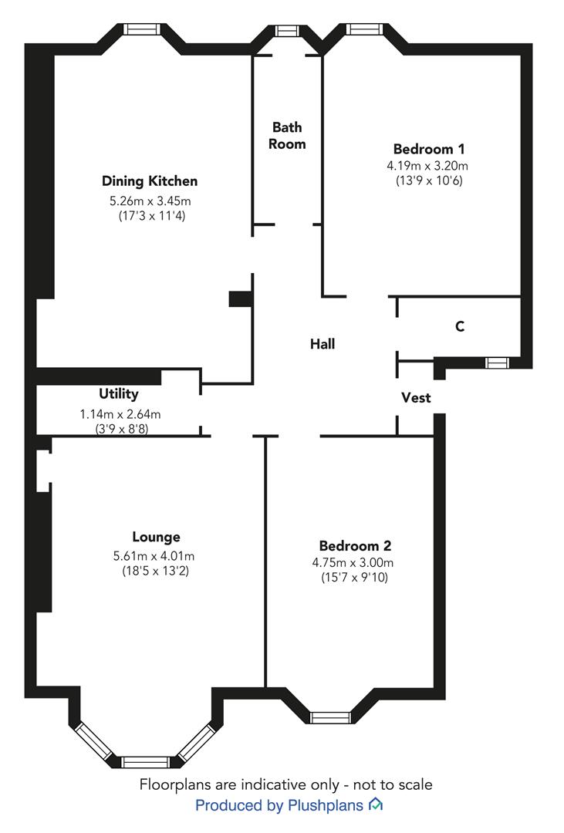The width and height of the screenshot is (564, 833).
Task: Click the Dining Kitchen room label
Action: coord(150,181)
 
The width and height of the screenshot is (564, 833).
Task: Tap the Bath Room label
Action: coord(287,136)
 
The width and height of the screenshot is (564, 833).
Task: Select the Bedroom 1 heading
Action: coord(429,149)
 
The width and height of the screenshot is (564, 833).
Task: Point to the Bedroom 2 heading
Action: coord(355,545)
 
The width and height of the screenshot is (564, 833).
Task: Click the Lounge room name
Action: coord(157,537)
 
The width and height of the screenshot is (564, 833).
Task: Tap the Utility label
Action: coord(119,393)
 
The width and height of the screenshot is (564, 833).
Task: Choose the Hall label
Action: coord(323,344)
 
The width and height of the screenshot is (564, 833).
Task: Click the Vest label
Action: coord(416,397)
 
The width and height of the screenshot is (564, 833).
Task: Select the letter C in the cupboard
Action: coord(460,325)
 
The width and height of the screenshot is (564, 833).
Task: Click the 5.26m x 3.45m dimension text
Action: coord(150,201)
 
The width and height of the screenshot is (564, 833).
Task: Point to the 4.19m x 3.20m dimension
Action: coord(427,166)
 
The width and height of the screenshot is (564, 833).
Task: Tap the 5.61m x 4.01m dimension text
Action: coord(154,556)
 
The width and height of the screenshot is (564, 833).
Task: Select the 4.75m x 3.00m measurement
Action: coord(353,562)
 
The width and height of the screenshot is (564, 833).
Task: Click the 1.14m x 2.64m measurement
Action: coord(120,414)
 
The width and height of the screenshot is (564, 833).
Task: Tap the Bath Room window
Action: coord(287,30)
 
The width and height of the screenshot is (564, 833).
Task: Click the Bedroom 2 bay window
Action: coord(331,718)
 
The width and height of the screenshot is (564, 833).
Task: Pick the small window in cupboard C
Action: coord(497,363)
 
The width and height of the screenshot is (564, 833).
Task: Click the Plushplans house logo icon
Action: coord(376,804)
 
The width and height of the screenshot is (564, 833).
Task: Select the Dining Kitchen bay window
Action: coord(141,29)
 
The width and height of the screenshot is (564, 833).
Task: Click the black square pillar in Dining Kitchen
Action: coord(240,298)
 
